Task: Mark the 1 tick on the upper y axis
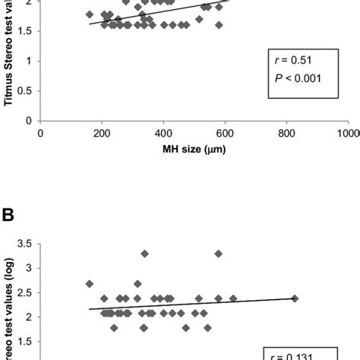[x=30, y=61]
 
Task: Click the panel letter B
[x=8, y=215]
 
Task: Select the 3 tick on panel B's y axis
[x=30, y=267]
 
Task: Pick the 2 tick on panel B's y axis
[x=30, y=317]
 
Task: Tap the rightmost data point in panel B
[x=295, y=298]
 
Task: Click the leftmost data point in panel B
[x=90, y=284]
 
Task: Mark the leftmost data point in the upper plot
[x=90, y=14]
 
